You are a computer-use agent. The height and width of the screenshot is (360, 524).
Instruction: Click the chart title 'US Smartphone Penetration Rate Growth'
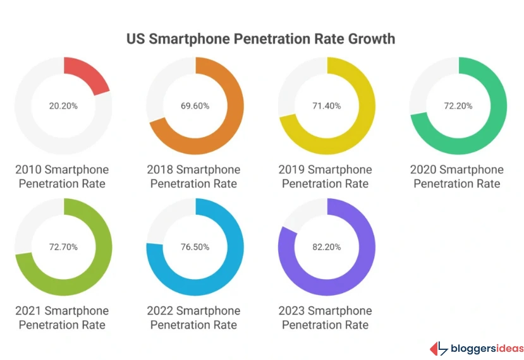click(x=260, y=39)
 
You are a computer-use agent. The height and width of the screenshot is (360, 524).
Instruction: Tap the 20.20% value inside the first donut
click(x=63, y=105)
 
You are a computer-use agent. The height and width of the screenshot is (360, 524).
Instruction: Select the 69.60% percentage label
click(x=195, y=105)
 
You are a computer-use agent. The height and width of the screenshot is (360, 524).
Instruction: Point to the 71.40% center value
click(x=327, y=105)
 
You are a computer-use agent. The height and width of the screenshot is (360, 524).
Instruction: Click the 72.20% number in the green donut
click(x=458, y=105)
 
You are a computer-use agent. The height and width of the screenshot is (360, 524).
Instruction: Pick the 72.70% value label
click(x=63, y=247)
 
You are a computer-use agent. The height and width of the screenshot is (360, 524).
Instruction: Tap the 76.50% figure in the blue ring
click(x=195, y=247)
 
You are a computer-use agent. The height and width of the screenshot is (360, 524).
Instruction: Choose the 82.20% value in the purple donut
click(x=327, y=247)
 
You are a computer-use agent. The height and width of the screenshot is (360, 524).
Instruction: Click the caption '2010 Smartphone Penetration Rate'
click(x=62, y=177)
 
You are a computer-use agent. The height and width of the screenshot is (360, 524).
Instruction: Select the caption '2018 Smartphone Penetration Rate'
click(x=193, y=177)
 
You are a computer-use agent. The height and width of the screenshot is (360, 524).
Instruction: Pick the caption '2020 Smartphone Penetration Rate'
click(x=457, y=177)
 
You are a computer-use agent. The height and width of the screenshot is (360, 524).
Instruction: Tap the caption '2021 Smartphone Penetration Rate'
click(x=62, y=318)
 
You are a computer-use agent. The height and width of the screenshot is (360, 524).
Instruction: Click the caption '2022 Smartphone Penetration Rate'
click(x=193, y=318)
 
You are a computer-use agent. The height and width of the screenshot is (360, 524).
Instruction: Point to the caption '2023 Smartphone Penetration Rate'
click(x=326, y=318)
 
